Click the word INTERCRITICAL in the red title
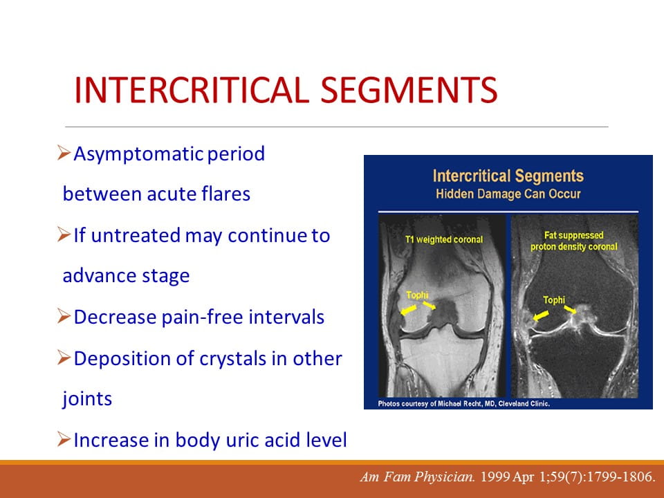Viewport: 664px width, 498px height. [192, 90]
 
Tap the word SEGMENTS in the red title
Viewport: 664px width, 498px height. [409, 90]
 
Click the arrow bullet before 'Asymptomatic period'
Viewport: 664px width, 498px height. [64, 152]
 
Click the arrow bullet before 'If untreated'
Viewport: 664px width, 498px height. [64, 234]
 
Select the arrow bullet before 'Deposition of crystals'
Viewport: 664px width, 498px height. [64, 358]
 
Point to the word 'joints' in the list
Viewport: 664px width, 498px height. [87, 399]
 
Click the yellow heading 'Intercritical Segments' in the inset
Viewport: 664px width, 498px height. [508, 176]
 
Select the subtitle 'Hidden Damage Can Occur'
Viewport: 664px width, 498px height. [508, 194]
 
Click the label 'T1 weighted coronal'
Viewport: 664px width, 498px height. [444, 240]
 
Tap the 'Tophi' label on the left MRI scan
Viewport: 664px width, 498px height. [417, 295]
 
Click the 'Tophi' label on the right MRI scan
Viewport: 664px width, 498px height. [554, 300]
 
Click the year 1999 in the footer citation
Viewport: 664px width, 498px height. [495, 477]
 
